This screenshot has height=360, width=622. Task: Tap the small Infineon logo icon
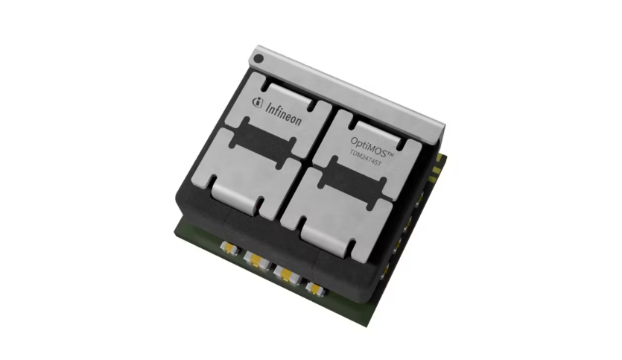click(258, 102)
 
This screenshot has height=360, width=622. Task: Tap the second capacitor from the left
click(253, 262)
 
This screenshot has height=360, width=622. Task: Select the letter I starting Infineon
click(268, 106)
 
